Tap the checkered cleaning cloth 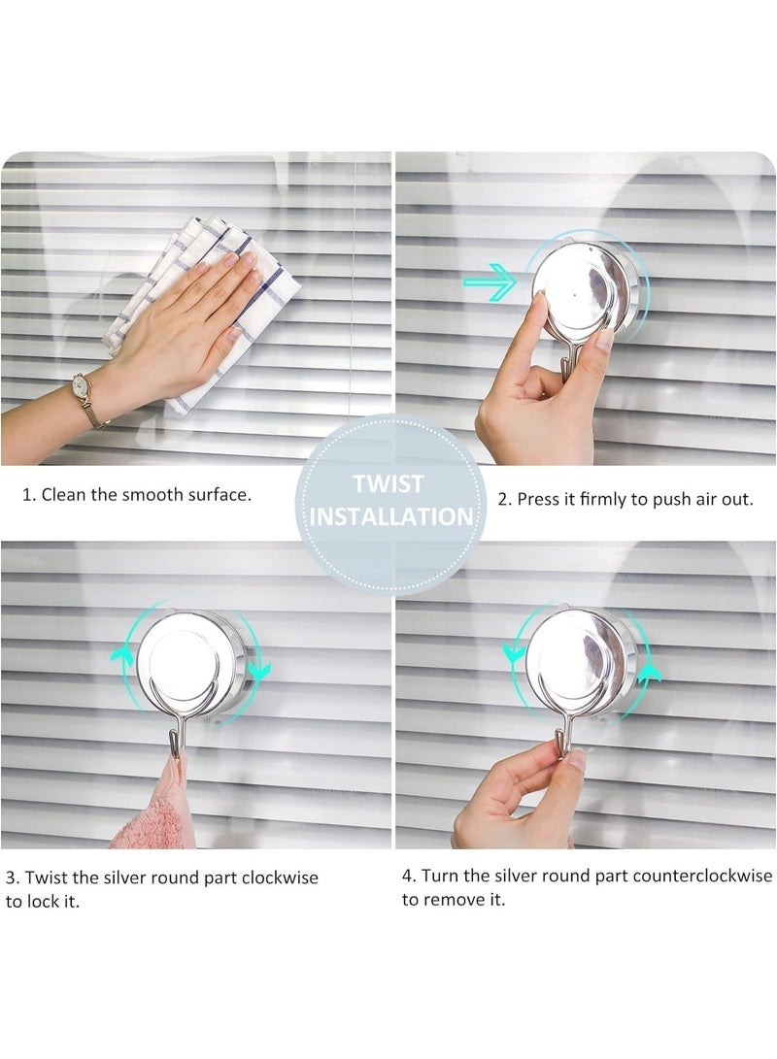point(203,311)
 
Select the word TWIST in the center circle point(388,483)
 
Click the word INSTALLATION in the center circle point(391,516)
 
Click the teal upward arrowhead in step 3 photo point(121,654)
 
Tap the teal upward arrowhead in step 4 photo point(650,673)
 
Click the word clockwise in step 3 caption point(280,878)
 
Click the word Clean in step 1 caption point(61,495)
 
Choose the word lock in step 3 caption point(44,902)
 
